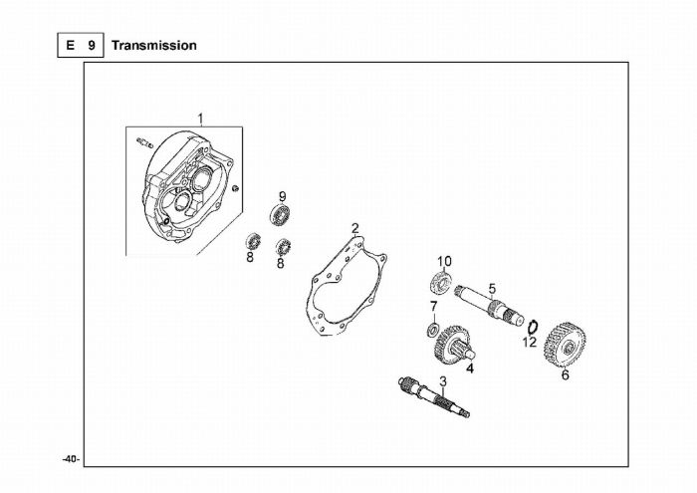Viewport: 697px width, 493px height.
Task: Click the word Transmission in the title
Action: [153, 45]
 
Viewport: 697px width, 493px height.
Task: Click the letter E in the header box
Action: [70, 45]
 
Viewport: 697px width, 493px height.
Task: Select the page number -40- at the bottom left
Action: [71, 459]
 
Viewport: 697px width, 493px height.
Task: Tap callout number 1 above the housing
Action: [200, 119]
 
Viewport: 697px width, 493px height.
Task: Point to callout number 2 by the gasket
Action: [355, 228]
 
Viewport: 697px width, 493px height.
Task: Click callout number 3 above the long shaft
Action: [443, 380]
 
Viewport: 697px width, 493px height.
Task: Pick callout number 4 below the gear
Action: [470, 368]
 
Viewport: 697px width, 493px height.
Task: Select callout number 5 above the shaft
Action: [492, 288]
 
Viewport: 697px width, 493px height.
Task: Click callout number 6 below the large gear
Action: [565, 374]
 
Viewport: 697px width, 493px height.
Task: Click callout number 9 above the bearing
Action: [282, 195]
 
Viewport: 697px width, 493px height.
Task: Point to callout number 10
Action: [444, 261]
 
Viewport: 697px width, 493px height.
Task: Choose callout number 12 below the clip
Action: [530, 342]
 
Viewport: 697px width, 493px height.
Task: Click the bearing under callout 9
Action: [281, 214]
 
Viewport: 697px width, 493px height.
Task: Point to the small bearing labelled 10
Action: [442, 280]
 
